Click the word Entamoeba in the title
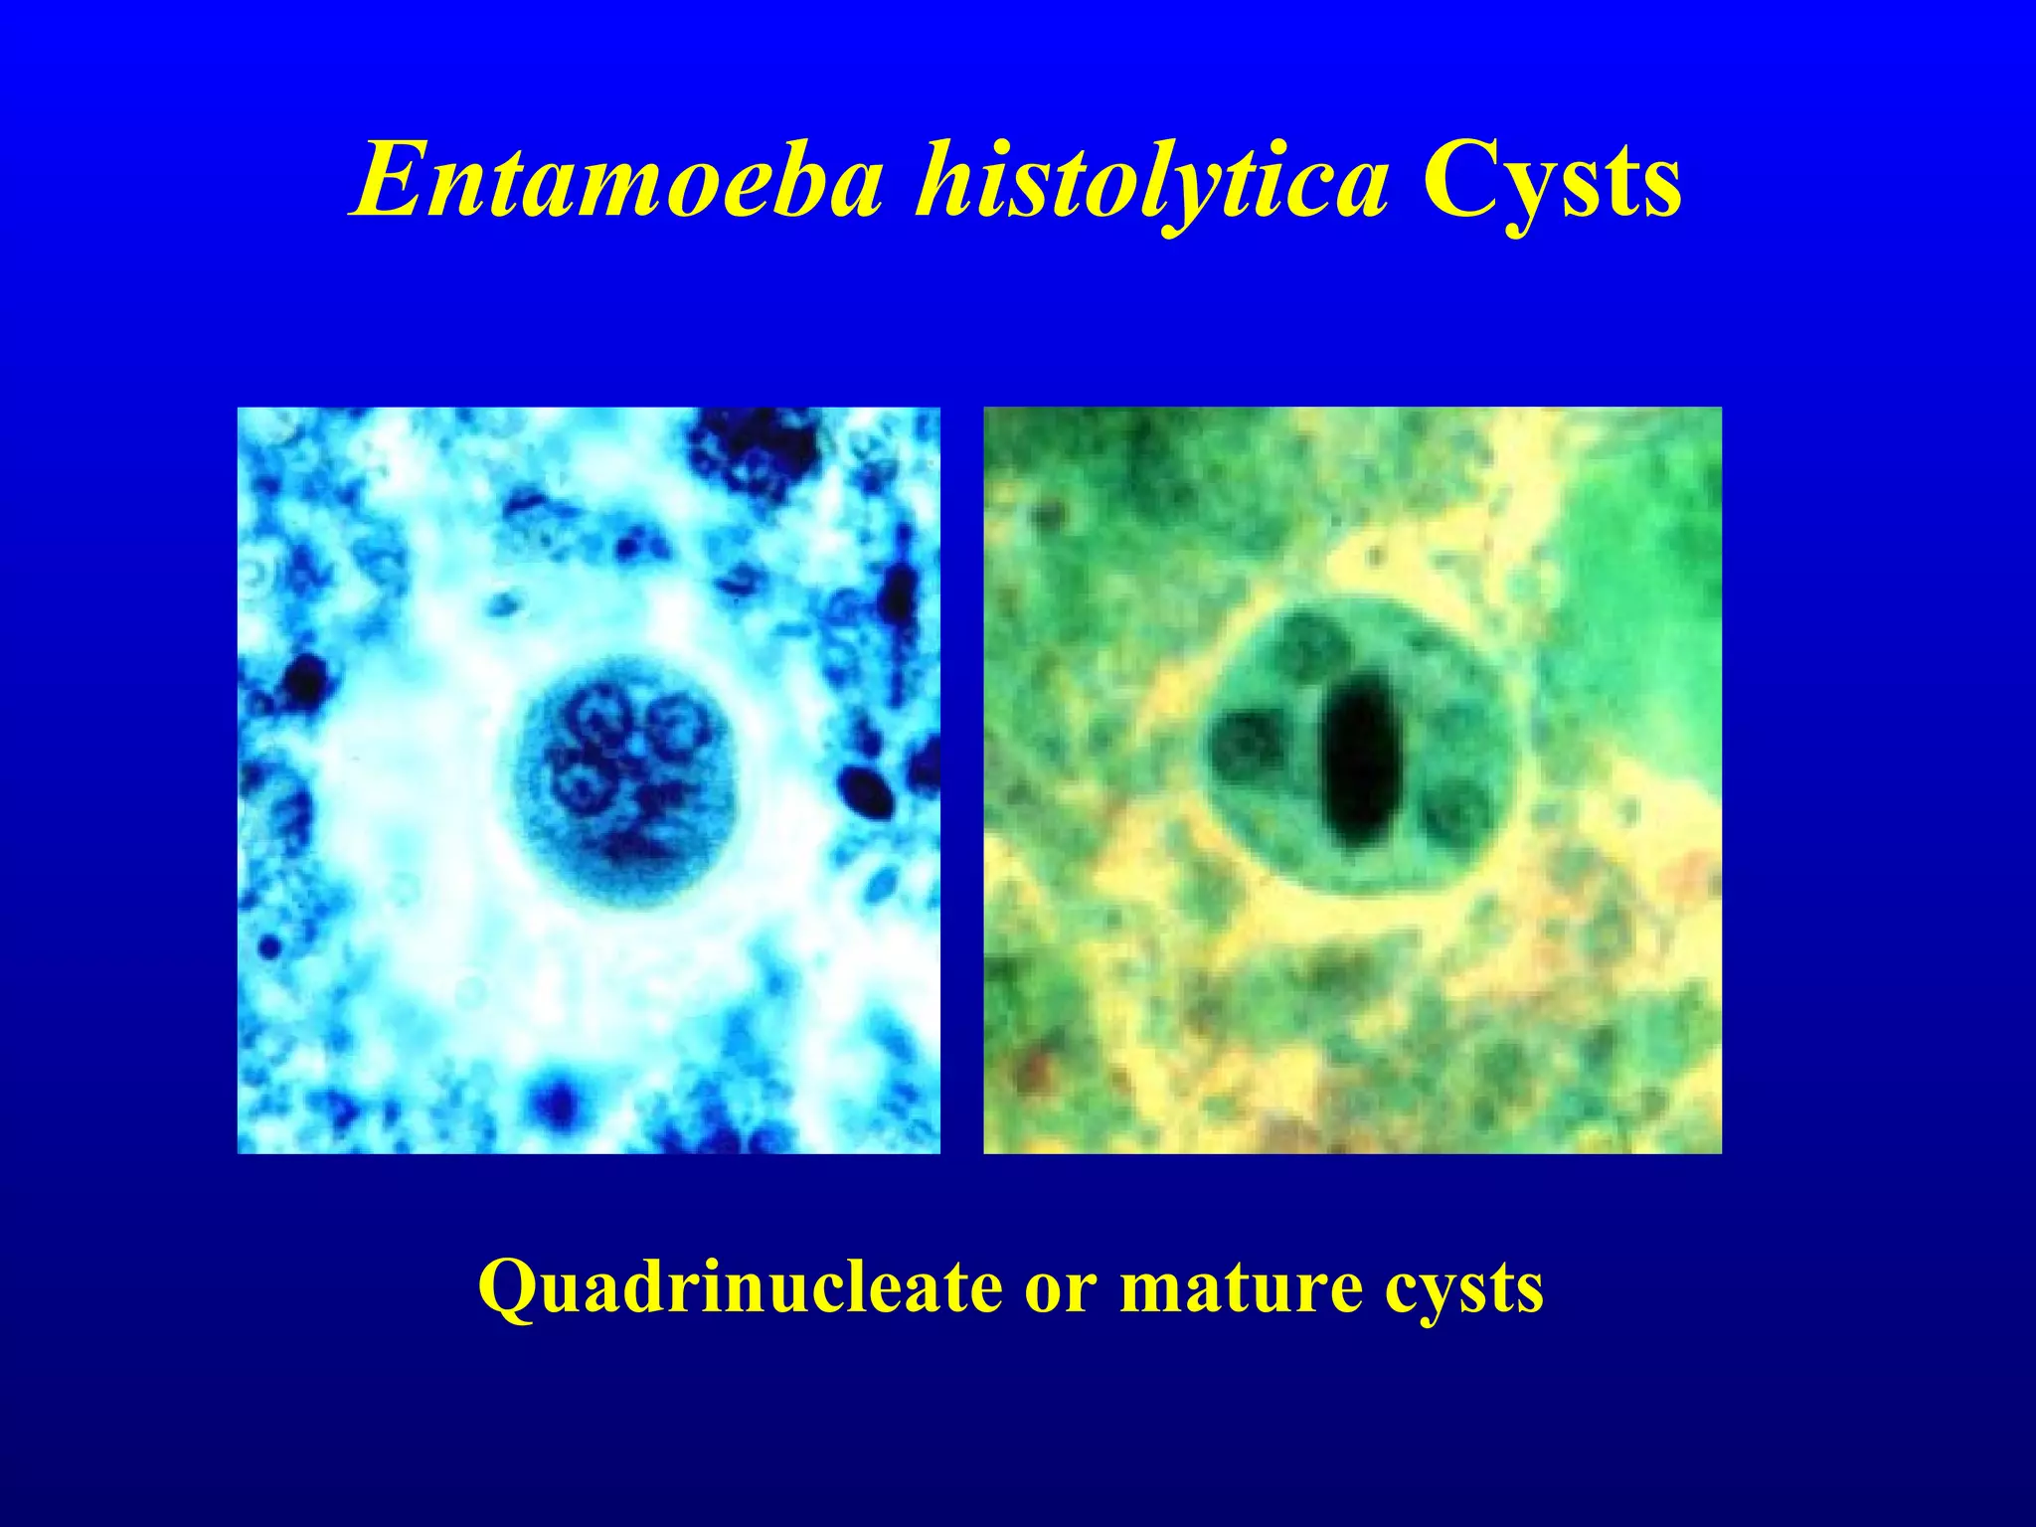[617, 182]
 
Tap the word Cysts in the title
[1551, 182]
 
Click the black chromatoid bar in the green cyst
[1359, 761]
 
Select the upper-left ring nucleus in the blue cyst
[599, 717]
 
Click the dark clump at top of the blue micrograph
[756, 442]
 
